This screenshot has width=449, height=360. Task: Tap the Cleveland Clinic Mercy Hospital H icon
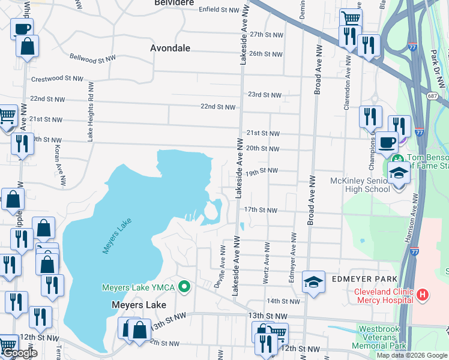click(x=423, y=295)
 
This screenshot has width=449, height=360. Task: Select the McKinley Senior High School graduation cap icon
click(x=397, y=173)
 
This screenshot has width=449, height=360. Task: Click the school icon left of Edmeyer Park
click(x=313, y=282)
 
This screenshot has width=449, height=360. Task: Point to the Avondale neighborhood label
click(x=170, y=47)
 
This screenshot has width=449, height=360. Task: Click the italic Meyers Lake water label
click(x=116, y=236)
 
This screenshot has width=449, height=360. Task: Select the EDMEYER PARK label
click(x=363, y=280)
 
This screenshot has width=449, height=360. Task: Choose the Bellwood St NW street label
click(x=92, y=59)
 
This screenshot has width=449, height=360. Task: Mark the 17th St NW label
click(x=261, y=210)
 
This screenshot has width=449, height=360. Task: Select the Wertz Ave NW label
click(x=265, y=262)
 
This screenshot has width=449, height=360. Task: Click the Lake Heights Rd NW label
click(x=91, y=112)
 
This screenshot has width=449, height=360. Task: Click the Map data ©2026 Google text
click(x=411, y=355)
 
